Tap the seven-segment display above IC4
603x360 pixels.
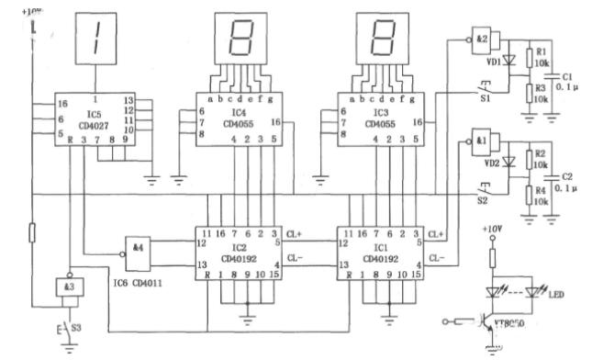point(243,39)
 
